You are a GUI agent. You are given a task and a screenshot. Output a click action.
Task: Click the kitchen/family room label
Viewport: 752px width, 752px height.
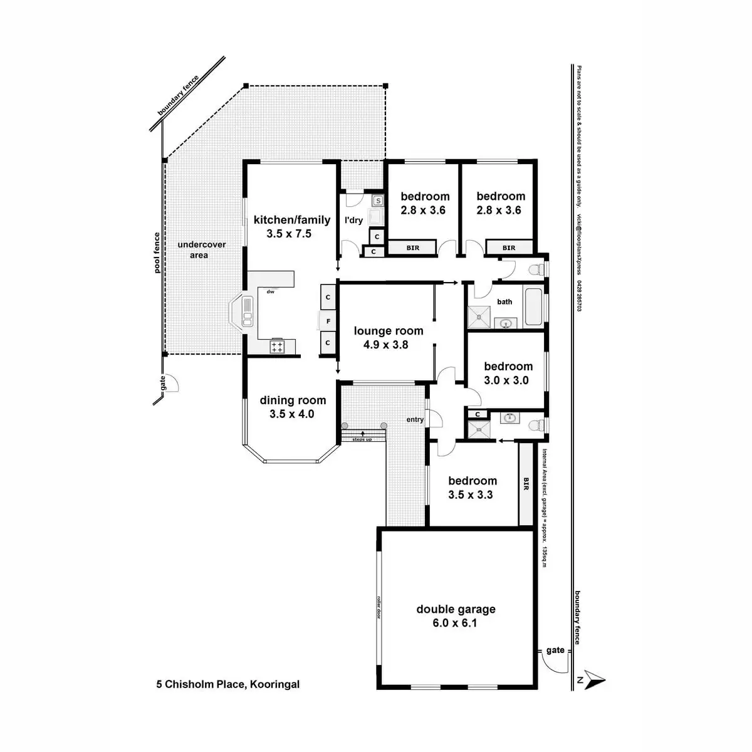[x=291, y=220]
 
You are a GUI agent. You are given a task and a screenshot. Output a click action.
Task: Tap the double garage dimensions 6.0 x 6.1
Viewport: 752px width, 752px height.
[x=456, y=623]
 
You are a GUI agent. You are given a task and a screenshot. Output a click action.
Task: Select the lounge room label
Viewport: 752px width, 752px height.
[x=389, y=331]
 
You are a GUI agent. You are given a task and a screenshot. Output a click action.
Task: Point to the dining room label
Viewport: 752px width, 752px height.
[x=293, y=400]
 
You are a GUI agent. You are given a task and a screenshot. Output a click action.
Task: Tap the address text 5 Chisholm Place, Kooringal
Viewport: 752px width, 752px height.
[x=228, y=684]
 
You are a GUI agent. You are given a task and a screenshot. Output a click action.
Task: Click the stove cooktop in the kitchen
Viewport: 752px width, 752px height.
[x=277, y=347]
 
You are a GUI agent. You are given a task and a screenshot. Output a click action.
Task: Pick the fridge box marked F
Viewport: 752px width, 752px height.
[x=328, y=321]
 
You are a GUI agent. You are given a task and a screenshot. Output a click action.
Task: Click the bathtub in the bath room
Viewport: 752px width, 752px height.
[x=533, y=306]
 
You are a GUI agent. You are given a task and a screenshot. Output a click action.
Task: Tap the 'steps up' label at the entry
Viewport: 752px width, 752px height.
[x=362, y=439]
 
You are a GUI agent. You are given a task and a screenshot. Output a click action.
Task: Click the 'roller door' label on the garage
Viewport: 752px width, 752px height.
[x=379, y=607]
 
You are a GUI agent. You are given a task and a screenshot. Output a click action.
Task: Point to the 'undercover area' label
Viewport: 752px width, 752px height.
[x=201, y=249]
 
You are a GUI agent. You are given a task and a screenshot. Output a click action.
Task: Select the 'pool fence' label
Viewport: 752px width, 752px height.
[x=157, y=253]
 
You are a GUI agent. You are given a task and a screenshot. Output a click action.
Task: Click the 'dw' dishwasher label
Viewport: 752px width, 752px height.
[x=271, y=292]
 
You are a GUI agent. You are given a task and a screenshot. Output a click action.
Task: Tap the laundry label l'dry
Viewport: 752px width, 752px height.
[x=353, y=220]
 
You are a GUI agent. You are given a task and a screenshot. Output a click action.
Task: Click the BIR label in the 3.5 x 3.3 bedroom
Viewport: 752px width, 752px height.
[x=526, y=484]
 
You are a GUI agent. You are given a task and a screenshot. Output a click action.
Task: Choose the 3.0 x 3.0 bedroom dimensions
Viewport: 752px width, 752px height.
[x=506, y=380]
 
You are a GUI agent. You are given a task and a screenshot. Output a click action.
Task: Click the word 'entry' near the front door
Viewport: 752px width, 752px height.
[x=415, y=420]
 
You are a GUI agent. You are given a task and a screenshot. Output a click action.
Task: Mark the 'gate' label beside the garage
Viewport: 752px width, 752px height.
[x=555, y=650]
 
